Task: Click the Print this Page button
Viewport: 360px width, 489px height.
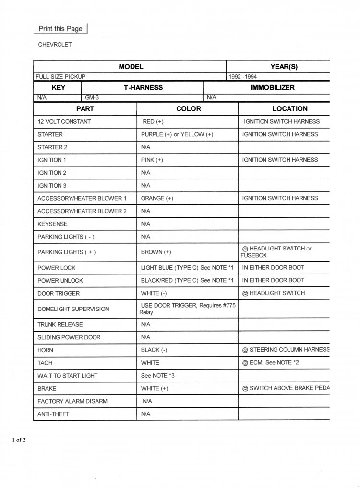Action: coord(60,29)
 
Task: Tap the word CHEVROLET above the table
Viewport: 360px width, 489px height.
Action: coord(55,45)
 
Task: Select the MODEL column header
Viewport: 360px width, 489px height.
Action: coord(131,67)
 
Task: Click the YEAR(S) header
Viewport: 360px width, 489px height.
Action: coord(284,67)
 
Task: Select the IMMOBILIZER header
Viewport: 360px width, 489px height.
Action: coord(273,88)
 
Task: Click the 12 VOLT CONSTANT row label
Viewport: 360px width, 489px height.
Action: coord(64,122)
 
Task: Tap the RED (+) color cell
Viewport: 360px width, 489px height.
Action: coord(153,122)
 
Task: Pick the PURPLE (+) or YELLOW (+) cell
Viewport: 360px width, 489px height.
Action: coord(177,134)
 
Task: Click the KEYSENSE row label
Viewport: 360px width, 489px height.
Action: coord(52,224)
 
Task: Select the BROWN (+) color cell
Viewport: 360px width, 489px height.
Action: coord(156,252)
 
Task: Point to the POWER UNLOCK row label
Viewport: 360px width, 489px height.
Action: coord(60,280)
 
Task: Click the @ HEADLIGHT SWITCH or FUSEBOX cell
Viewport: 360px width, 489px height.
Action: coord(276,251)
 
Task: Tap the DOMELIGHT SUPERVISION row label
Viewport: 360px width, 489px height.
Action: coord(73,309)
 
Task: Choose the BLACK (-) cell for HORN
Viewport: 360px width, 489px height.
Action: coord(154,350)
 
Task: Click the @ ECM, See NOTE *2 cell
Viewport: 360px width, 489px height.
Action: coord(271,362)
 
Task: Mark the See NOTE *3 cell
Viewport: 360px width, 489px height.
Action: coord(157,375)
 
